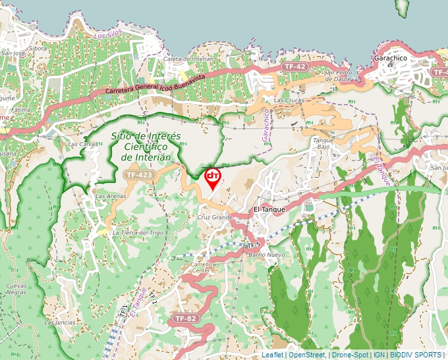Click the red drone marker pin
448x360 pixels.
tap(213, 178)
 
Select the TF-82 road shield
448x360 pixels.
tap(185, 319)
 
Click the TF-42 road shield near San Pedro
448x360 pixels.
tap(294, 66)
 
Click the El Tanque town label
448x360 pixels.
tap(268, 210)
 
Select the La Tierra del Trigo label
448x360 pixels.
tap(138, 232)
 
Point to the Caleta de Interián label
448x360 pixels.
tap(189, 59)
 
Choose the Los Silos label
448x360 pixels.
tap(109, 36)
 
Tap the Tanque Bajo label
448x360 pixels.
tap(323, 143)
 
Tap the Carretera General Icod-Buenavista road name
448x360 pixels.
tap(155, 85)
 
